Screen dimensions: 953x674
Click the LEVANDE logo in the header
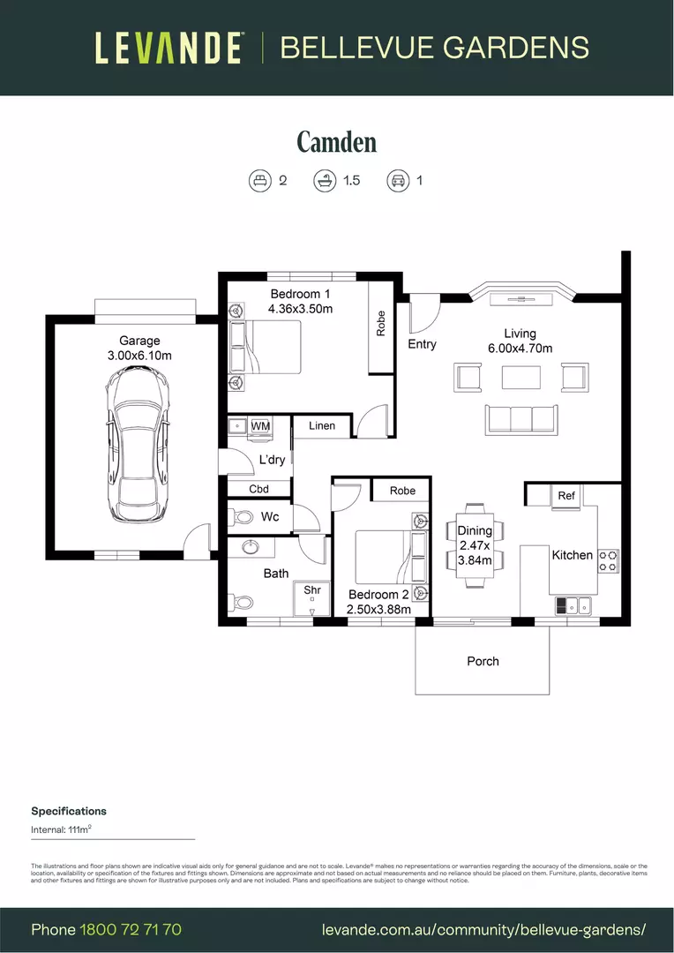(168, 48)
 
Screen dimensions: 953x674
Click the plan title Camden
(336, 141)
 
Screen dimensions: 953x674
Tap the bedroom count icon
(259, 181)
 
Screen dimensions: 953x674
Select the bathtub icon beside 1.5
(324, 181)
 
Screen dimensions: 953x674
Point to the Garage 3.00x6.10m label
(139, 348)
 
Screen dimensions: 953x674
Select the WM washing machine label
(260, 426)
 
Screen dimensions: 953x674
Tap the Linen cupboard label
(322, 426)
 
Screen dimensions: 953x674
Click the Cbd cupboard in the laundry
(258, 489)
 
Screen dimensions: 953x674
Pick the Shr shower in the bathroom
(311, 598)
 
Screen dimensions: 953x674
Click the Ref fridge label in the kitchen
(566, 496)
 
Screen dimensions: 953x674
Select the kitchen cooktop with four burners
(608, 560)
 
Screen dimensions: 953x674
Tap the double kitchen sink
(573, 605)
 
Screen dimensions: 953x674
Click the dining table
(475, 547)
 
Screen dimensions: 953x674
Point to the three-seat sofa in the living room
(520, 417)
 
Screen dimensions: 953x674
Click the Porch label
(483, 661)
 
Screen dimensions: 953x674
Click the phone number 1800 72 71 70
(131, 929)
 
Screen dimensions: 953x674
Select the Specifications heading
(69, 811)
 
